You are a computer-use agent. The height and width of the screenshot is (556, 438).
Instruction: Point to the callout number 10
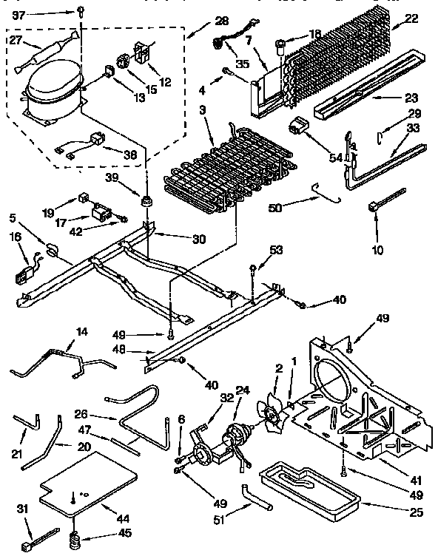(x=378, y=250)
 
